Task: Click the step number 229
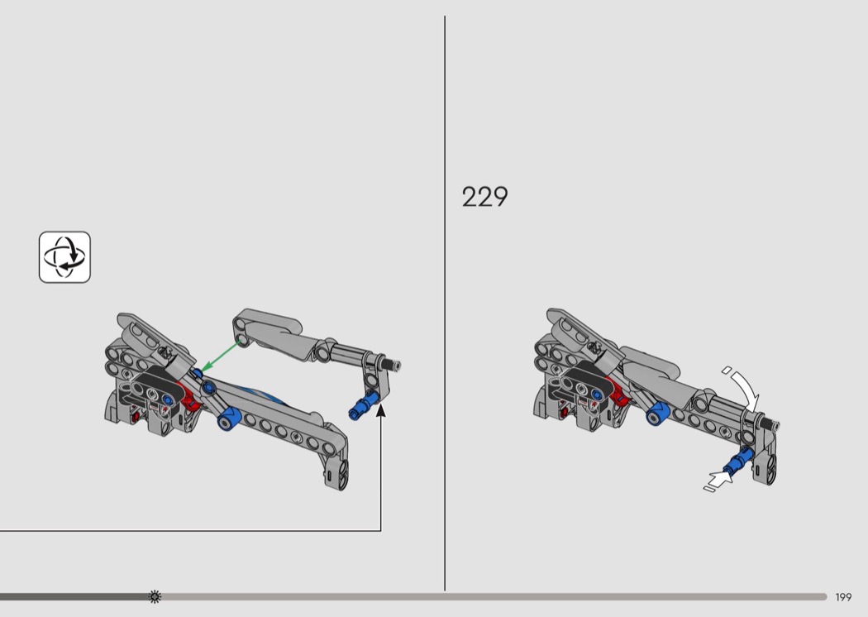(484, 197)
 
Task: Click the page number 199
(843, 597)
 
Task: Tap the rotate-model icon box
(64, 257)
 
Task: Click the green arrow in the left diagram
(221, 357)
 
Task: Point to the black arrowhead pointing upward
(381, 410)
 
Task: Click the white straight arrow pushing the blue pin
(718, 480)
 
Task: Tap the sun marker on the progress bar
(155, 596)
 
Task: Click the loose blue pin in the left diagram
(363, 404)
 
